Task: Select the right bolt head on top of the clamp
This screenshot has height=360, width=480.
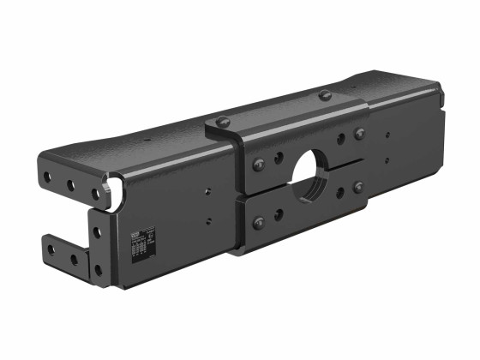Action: click(x=325, y=94)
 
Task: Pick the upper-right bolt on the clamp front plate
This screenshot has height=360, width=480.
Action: click(x=359, y=134)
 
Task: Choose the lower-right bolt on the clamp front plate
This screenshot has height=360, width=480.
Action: click(x=358, y=186)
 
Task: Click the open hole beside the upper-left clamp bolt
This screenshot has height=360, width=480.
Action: click(x=278, y=158)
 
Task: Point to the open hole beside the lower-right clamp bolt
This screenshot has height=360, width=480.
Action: click(x=341, y=192)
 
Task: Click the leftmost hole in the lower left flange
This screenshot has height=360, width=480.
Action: click(x=51, y=249)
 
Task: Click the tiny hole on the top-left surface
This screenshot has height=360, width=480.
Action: click(x=145, y=139)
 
